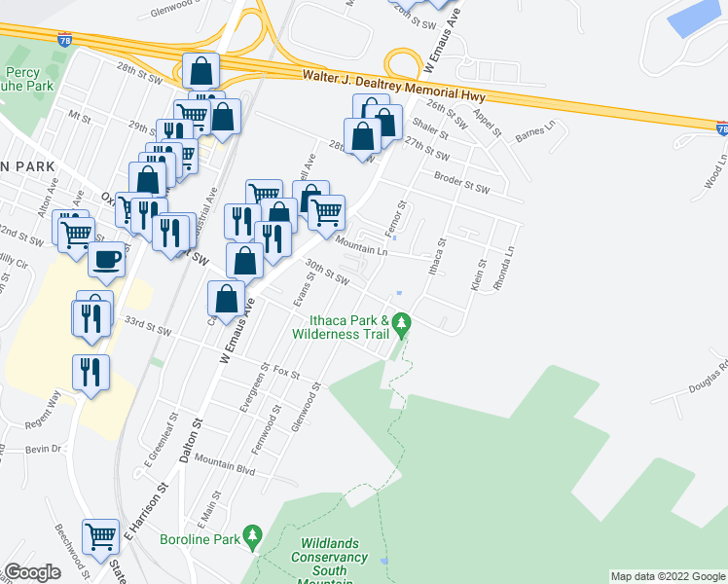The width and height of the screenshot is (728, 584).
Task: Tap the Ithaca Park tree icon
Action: pos(400,321)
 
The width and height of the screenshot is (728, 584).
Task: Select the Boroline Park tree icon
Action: pos(253,535)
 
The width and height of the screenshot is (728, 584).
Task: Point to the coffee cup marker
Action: pos(107,260)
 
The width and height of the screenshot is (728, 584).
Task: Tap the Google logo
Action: pos(32,572)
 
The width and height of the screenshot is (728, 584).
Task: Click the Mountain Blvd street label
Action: pos(225,464)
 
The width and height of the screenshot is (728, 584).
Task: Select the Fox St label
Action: pos(286,372)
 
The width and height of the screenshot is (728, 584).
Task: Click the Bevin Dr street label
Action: pos(44,449)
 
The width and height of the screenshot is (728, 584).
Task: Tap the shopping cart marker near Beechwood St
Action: pos(101,535)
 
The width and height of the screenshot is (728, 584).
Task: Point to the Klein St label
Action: pos(477,275)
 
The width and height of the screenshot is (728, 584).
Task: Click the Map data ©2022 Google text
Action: pos(668,576)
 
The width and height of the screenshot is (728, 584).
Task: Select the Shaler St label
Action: pos(428,127)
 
